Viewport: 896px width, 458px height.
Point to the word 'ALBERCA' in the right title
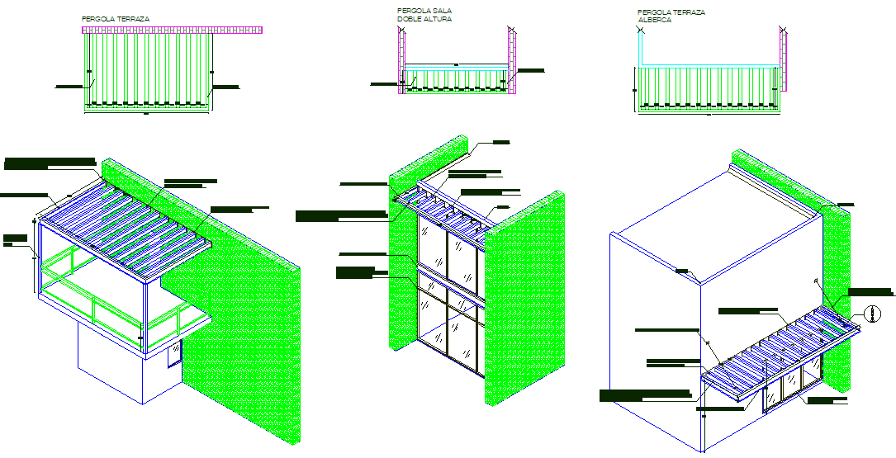tap(654, 20)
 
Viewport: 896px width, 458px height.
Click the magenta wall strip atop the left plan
tap(172, 30)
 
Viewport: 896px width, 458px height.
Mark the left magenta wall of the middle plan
tap(401, 62)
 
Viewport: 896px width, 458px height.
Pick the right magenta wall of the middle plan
tap(512, 62)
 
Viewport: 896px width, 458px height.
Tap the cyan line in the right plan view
tap(710, 65)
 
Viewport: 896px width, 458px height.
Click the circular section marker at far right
tap(871, 313)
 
